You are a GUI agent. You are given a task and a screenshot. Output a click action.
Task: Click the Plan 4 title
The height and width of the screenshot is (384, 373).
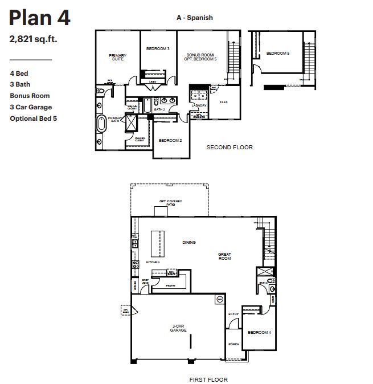click(x=40, y=18)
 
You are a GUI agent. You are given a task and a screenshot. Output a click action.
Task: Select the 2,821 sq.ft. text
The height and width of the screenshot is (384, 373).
click(x=33, y=40)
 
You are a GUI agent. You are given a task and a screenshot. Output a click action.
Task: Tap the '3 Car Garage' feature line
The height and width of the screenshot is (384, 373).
click(x=31, y=107)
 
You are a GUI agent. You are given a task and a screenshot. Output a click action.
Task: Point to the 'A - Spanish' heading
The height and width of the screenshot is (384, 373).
click(x=194, y=18)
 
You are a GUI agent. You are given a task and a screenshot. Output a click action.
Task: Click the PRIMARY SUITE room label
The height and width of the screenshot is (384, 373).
click(x=117, y=57)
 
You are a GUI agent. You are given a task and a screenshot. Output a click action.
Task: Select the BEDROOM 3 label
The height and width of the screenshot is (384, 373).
click(x=158, y=49)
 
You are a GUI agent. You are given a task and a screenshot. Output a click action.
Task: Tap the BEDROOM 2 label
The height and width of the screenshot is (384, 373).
click(x=170, y=140)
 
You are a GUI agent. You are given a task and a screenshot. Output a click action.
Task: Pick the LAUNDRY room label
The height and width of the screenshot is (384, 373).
click(x=199, y=105)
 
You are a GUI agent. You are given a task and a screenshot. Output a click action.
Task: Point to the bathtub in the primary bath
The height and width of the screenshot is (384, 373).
click(x=102, y=124)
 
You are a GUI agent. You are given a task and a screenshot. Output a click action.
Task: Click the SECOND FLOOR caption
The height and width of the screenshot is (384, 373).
click(x=229, y=148)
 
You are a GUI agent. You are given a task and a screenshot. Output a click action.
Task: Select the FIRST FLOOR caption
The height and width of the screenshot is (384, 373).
click(x=208, y=379)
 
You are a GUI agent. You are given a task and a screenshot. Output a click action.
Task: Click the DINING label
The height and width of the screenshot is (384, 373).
click(x=189, y=242)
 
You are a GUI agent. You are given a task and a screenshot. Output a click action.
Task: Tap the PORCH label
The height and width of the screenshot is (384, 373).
click(x=233, y=344)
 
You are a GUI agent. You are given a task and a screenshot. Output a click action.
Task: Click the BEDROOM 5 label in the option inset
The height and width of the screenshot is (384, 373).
click(x=278, y=53)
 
